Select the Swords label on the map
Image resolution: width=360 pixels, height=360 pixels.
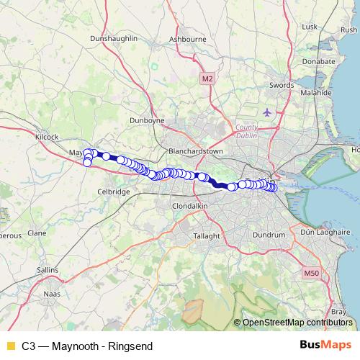pos(281,85)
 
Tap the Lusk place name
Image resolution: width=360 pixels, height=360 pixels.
pos(310,27)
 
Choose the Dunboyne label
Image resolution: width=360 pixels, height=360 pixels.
pos(148,120)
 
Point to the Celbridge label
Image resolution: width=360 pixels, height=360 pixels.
pos(114,192)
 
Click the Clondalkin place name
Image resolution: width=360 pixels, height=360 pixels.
pos(190,205)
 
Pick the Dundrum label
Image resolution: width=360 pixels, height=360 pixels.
pos(270,235)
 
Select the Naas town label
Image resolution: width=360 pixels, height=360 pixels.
pos(53,294)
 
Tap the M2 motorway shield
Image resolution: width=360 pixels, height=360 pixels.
pos(207,78)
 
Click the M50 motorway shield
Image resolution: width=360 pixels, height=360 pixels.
pos(310,273)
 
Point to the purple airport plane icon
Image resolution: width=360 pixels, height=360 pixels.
pos(268,112)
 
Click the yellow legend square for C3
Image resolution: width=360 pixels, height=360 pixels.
pos(10,346)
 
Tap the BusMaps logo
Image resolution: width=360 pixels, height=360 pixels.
pos(324,346)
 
